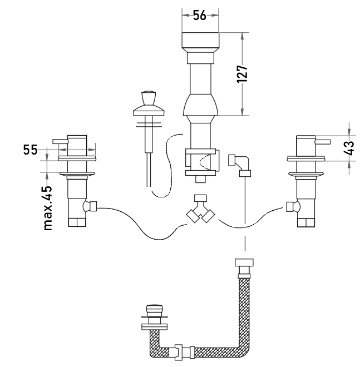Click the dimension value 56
200,16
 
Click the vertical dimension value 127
242,74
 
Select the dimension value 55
30,150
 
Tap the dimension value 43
349,148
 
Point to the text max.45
48,208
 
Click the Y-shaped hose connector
200,209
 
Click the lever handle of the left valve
60,141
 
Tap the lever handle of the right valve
323,142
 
